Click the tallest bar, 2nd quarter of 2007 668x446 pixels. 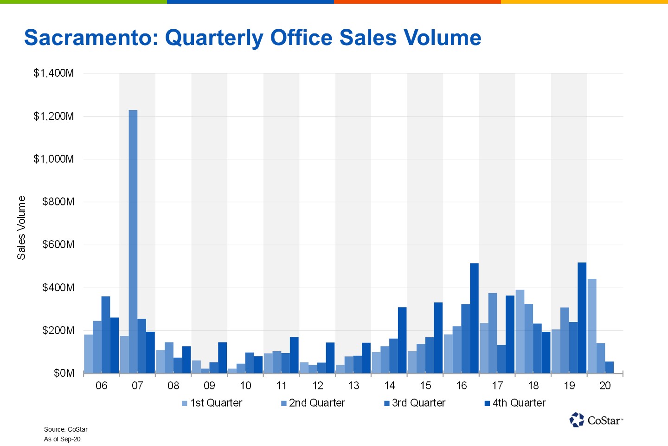133,242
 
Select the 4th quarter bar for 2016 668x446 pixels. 474,318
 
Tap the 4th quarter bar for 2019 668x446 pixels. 582,318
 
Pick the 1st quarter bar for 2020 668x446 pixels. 592,326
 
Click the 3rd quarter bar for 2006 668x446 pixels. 106,334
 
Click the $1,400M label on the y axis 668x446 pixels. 54,73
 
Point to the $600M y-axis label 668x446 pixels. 58,245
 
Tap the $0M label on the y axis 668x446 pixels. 64,374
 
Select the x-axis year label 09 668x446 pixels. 209,386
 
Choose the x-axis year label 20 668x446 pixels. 605,386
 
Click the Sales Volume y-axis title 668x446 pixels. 21,228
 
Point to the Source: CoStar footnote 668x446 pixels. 66,429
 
